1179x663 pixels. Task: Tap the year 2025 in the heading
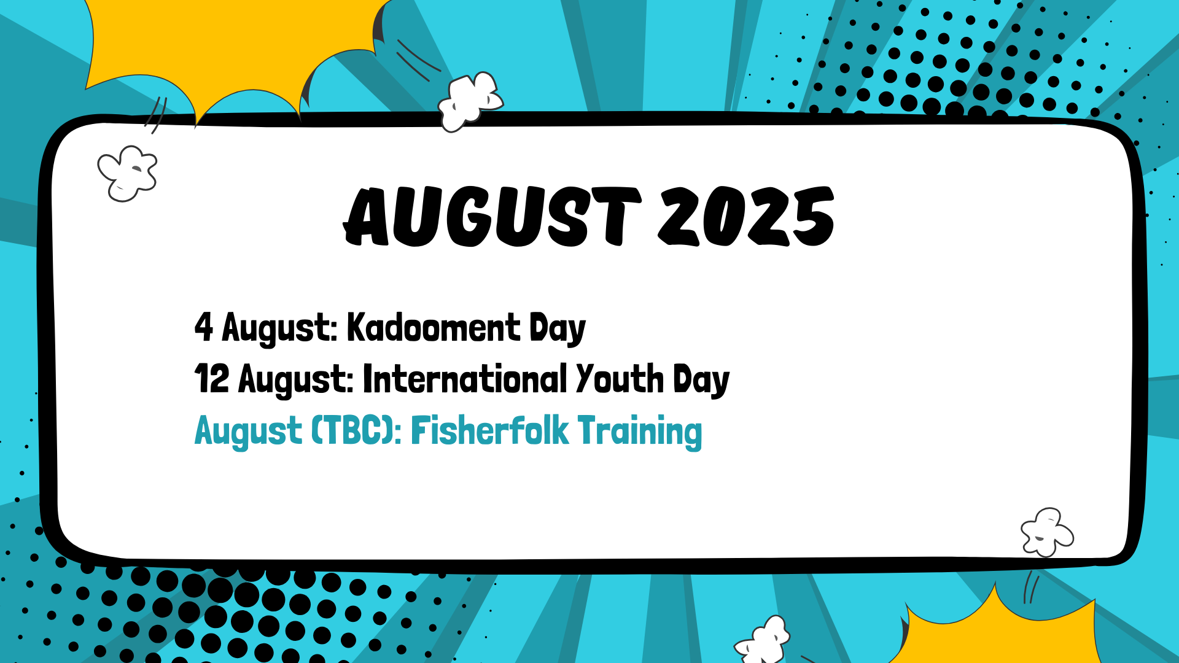(747, 216)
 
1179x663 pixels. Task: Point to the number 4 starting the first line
(204, 327)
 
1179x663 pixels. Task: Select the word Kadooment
(434, 327)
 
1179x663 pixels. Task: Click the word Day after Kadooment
(558, 329)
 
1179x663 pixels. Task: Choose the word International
(465, 378)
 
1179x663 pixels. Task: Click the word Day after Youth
(701, 381)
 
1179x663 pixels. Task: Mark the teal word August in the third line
(248, 432)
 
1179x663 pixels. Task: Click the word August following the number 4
(280, 329)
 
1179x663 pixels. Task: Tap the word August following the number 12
(296, 381)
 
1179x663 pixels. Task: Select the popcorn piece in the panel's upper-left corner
(128, 174)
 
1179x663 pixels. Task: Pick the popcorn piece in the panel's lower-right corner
(1047, 532)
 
